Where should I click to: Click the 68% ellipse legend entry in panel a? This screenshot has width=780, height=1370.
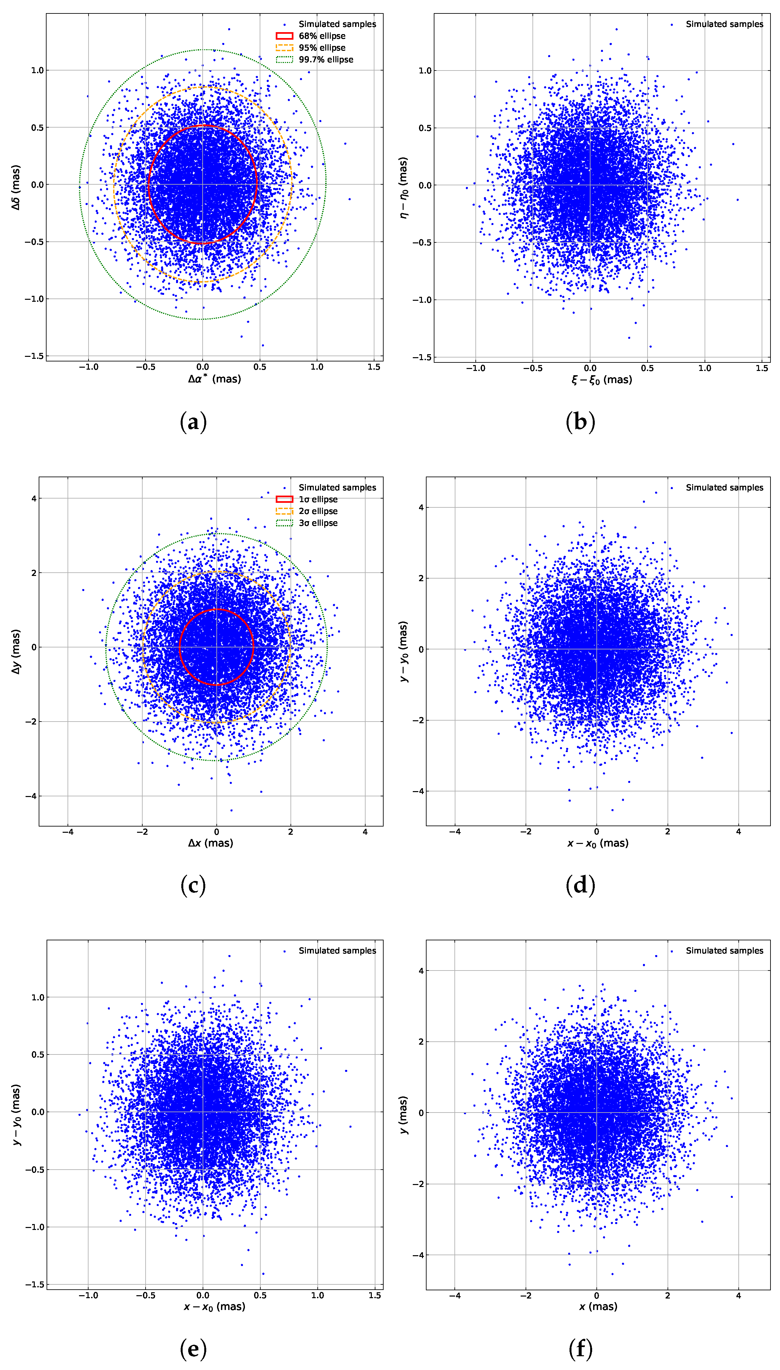(321, 36)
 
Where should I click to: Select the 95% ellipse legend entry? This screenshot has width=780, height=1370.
(321, 48)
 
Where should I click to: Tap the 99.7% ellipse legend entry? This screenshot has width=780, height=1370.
(326, 59)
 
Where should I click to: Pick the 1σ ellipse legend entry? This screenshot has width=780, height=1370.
(318, 499)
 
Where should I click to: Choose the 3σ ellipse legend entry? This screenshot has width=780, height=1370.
(318, 523)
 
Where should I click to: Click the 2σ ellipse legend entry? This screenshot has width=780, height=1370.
(318, 511)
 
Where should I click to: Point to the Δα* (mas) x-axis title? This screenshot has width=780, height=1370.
(214, 379)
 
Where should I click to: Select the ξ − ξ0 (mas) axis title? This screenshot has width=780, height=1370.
(602, 380)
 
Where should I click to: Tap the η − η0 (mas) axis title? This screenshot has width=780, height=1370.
(403, 188)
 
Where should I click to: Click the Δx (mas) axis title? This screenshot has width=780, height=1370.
(210, 843)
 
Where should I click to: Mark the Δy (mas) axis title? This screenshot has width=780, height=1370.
(16, 651)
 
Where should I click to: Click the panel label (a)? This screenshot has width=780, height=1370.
(193, 422)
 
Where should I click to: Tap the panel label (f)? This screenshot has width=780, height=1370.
(581, 1349)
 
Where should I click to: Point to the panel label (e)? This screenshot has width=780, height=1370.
(193, 1349)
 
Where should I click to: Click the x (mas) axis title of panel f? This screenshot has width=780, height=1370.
(598, 1306)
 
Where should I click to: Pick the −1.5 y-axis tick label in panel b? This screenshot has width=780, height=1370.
(422, 358)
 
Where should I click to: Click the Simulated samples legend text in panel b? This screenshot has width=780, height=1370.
(724, 24)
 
